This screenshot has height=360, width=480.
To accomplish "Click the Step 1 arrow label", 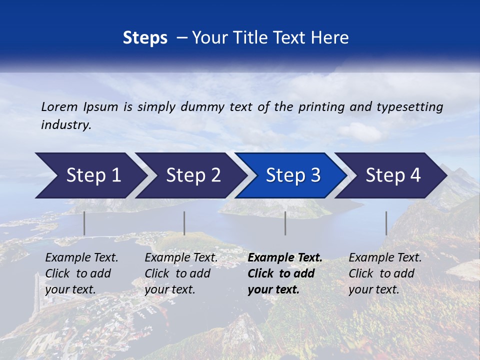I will (93, 175).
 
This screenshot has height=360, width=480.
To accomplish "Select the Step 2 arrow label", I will (193, 175).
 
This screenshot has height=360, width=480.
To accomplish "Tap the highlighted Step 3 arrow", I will (293, 175).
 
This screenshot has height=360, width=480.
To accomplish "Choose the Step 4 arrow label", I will (393, 175).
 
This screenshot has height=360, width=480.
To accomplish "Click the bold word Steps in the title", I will (145, 38).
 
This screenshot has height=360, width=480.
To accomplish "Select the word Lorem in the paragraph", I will (59, 106).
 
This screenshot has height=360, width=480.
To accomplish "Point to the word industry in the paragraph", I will (66, 125).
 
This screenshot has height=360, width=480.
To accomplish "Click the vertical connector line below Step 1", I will (84, 223).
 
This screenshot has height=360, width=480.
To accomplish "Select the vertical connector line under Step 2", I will (184, 223).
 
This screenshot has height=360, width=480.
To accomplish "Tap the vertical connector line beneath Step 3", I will (285, 223).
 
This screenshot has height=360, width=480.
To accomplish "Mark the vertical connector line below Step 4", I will (386, 223).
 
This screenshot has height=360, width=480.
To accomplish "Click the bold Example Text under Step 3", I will (285, 258).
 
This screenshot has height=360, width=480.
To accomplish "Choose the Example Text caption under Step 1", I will (81, 258).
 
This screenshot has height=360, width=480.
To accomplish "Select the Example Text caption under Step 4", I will (385, 258).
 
